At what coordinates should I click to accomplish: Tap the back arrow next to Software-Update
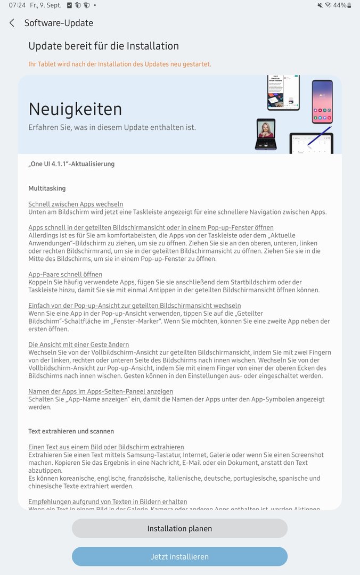coord(12,23)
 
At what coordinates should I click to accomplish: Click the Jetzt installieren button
coord(179,556)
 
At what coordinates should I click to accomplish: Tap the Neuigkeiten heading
coord(75,109)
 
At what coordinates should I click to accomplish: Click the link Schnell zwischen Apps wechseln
coord(76,204)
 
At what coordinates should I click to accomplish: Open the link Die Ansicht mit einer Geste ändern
coord(78,344)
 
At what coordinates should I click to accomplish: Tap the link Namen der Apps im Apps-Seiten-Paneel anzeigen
coord(101,391)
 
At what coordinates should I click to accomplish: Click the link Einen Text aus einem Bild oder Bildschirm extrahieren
coord(106,447)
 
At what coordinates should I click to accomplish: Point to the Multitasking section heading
coord(47,188)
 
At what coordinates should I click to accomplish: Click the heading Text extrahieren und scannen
coord(71,431)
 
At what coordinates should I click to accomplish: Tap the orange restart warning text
coord(119,64)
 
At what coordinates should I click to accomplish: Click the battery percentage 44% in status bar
coord(340,5)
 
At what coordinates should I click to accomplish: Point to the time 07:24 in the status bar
coord(17,5)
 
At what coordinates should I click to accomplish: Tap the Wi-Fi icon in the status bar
coord(328,5)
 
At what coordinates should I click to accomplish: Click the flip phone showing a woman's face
coord(265,134)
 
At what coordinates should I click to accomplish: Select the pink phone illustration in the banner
coord(322,102)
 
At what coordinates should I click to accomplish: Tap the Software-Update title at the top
coord(59,23)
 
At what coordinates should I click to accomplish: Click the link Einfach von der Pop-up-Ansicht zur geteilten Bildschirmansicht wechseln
coord(134,306)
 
